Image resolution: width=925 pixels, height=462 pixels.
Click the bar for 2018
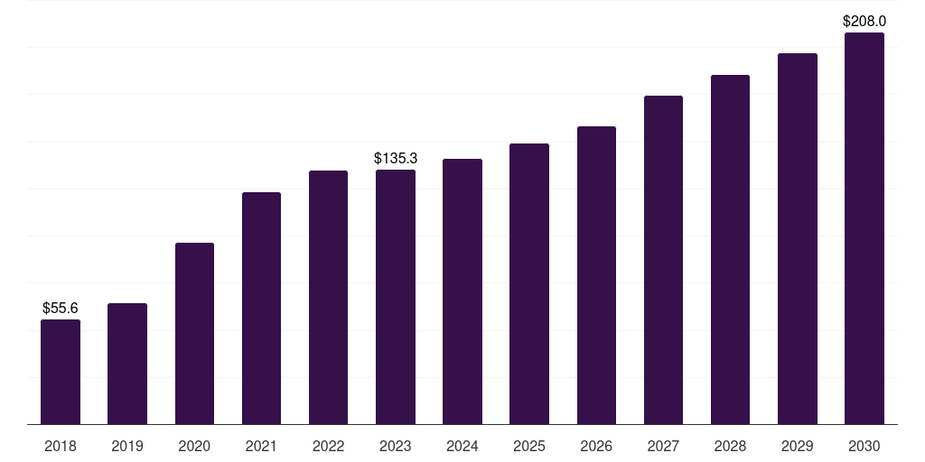coord(61,372)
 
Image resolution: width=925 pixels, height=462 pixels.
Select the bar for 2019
coord(127,364)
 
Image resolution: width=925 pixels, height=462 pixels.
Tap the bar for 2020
coord(194,334)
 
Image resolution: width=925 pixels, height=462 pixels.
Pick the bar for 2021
coord(261,309)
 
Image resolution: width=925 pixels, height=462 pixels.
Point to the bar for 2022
coord(328,298)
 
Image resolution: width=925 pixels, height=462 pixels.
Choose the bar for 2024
coord(462,291)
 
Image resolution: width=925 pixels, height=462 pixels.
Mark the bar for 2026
coord(596,275)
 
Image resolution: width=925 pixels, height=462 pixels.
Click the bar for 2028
coord(730,250)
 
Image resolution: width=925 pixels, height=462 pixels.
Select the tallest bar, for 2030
coord(864,228)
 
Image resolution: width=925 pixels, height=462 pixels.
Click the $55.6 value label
coord(61,309)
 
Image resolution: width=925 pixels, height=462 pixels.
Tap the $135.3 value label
coord(396,159)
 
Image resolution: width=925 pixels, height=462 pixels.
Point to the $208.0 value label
coord(864,22)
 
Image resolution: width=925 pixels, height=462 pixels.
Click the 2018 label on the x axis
coord(61,447)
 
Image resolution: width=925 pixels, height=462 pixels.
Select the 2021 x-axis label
coord(261,447)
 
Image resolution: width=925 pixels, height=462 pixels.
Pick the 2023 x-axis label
coord(396,447)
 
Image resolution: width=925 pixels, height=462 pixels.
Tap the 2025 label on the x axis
coord(529,447)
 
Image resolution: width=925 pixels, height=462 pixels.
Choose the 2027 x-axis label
coord(663,447)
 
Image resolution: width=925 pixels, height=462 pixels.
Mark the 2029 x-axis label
coord(798,447)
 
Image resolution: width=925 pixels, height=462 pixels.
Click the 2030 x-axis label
coord(864,447)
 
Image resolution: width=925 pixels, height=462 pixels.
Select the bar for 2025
coord(529,284)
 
